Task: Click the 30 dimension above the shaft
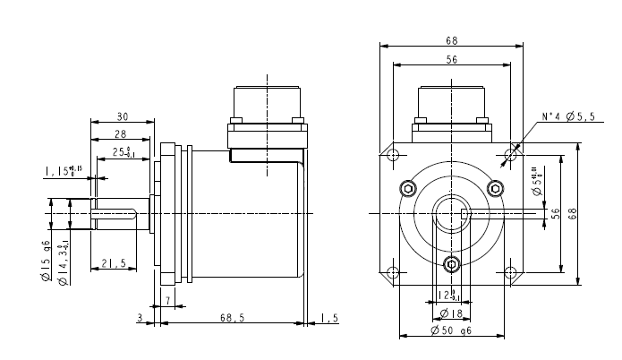tap(123, 116)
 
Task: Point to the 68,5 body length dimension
tap(233, 318)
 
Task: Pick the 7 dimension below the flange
tap(167, 299)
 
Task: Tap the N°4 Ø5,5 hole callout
tap(567, 117)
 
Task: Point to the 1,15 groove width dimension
tap(63, 170)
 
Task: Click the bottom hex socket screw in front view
tap(451, 263)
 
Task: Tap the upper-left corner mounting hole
tap(392, 155)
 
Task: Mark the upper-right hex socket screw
tap(494, 187)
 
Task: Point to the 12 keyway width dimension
tap(446, 295)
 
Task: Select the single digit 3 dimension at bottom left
tap(141, 318)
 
